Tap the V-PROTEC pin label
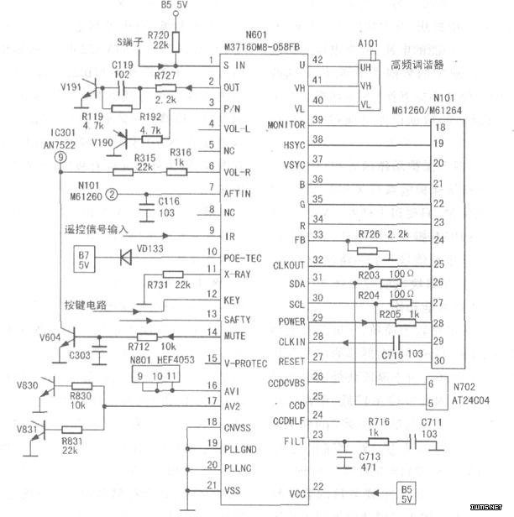[x=245, y=363]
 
